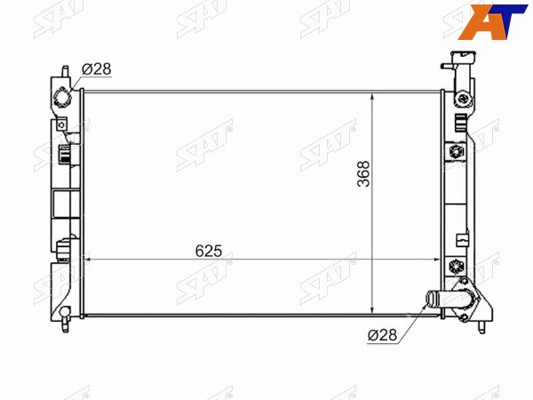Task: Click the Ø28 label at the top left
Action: (x=97, y=69)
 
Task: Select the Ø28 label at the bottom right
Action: (x=382, y=335)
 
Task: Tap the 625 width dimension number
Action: (x=209, y=251)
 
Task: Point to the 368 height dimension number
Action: (x=363, y=173)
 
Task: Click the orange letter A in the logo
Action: (x=478, y=22)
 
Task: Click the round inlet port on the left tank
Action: (x=62, y=98)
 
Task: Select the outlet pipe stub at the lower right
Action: (x=437, y=300)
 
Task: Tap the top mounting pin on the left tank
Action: (x=65, y=72)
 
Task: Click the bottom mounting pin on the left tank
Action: (x=65, y=324)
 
